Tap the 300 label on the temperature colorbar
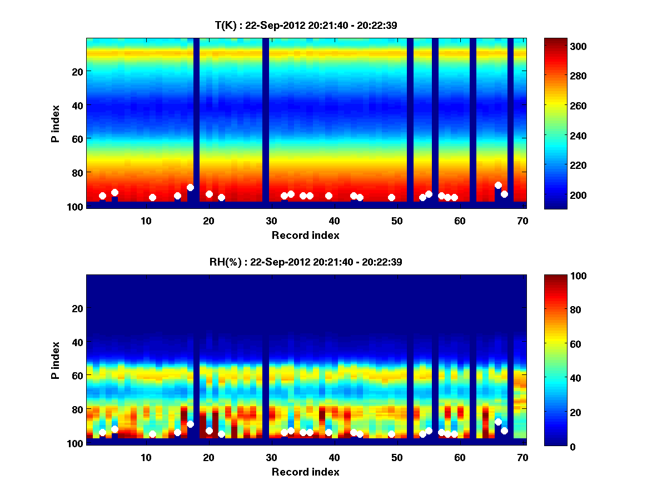(561, 46)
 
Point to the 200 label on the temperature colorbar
(561, 195)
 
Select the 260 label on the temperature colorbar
(561, 106)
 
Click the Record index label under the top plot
(305, 235)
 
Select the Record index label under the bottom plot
(305, 472)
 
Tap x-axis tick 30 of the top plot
(271, 221)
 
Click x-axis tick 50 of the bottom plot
(397, 457)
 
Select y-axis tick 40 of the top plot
(77, 104)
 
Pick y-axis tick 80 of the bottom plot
(77, 409)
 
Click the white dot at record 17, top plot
(190, 187)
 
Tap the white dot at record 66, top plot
(498, 185)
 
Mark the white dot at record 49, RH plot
(391, 434)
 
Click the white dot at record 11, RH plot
(152, 434)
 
